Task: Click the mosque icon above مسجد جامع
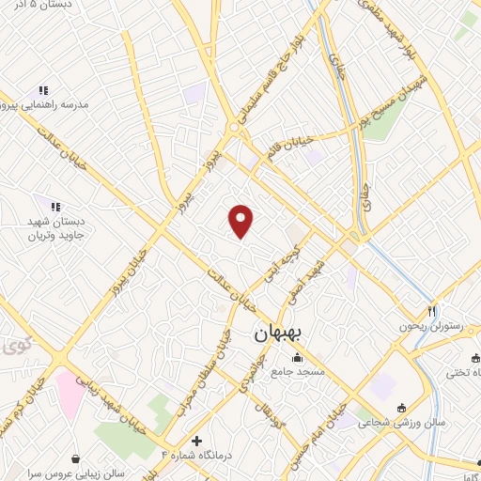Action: tap(298, 358)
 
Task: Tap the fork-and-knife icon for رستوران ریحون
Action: tap(432, 310)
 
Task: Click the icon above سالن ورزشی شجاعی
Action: tap(402, 408)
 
